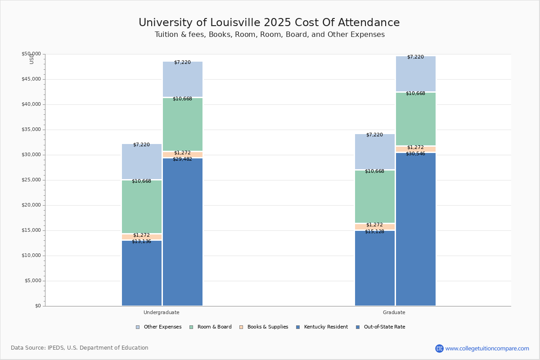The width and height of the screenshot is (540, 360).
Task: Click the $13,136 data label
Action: pyautogui.click(x=141, y=242)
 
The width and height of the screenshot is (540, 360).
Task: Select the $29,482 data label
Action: pyautogui.click(x=182, y=159)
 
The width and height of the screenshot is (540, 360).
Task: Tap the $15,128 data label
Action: pyautogui.click(x=374, y=232)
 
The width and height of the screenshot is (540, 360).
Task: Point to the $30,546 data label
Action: pyautogui.click(x=415, y=154)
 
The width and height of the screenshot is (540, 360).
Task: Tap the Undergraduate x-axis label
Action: pyautogui.click(x=162, y=312)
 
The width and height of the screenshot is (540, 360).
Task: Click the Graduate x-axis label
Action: pyautogui.click(x=394, y=312)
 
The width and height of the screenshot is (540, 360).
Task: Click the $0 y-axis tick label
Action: pyautogui.click(x=38, y=306)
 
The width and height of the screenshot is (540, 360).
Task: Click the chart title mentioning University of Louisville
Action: pyautogui.click(x=269, y=23)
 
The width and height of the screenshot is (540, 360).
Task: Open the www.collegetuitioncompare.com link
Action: pyautogui.click(x=487, y=348)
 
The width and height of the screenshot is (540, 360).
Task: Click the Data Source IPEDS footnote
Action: pyautogui.click(x=80, y=348)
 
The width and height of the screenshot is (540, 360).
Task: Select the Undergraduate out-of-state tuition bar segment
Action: pyautogui.click(x=183, y=232)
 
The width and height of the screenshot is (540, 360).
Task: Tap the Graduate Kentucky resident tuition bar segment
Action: pyautogui.click(x=375, y=268)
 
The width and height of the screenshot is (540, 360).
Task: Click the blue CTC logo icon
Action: pyautogui.click(x=439, y=348)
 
